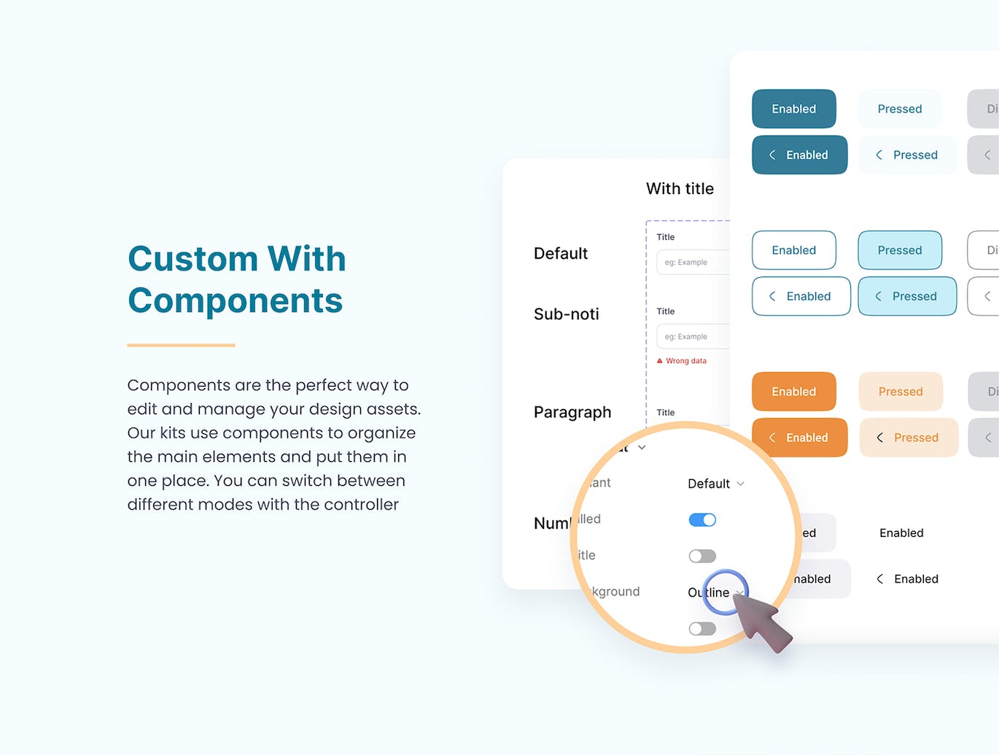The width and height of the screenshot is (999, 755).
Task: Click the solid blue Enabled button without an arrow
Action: point(793,109)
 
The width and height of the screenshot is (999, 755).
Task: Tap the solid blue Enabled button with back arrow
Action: point(799,155)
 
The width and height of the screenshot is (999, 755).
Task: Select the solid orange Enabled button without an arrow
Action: point(793,392)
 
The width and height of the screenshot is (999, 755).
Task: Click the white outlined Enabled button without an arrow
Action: point(793,250)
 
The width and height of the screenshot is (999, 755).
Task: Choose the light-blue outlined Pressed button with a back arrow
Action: point(906,296)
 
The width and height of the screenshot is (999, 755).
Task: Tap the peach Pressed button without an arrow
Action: point(900,392)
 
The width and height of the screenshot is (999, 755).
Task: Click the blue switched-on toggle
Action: point(701,520)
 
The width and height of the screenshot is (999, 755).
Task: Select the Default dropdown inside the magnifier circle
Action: point(715,484)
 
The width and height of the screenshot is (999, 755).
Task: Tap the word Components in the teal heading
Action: point(235,301)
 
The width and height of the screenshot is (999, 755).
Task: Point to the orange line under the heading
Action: point(181,345)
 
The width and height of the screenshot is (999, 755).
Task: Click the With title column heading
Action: point(680,189)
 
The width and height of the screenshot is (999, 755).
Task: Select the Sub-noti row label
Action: point(566,314)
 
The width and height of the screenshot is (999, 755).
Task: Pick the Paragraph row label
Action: point(572,412)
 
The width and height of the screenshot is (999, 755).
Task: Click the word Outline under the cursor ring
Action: point(709,592)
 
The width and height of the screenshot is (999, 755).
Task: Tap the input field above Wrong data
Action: point(693,336)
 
